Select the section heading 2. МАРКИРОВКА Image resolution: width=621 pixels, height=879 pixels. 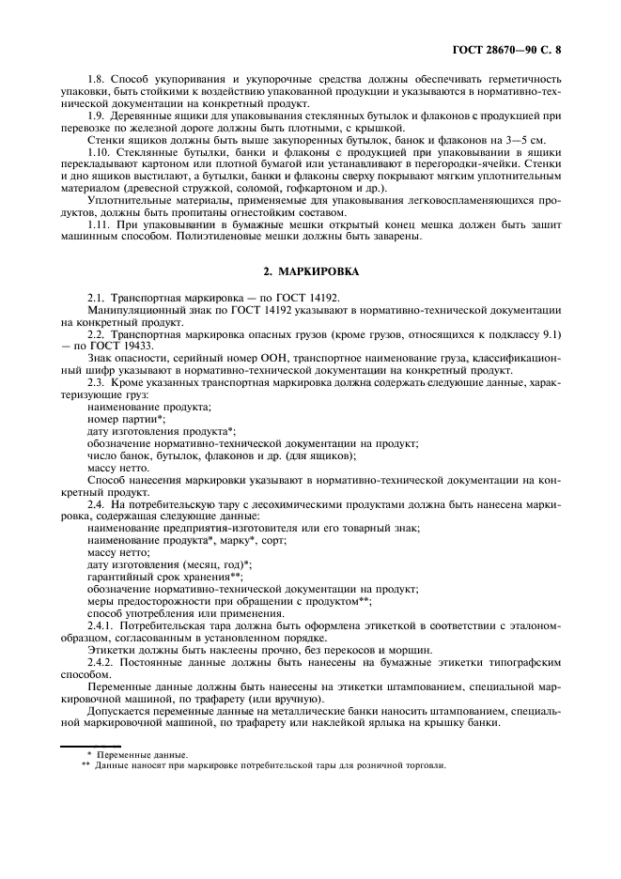tap(310, 270)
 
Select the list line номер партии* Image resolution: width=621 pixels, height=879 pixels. tap(126, 419)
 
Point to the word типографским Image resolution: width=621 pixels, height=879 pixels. tap(525, 661)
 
